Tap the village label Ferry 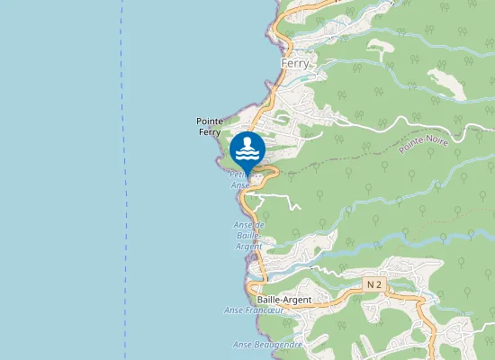pyautogui.click(x=294, y=64)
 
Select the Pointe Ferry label pyautogui.click(x=210, y=127)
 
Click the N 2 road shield pyautogui.click(x=374, y=283)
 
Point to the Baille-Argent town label pyautogui.click(x=283, y=300)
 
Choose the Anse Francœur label pyautogui.click(x=254, y=310)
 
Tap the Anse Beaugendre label pyautogui.click(x=268, y=344)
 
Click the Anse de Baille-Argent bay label pyautogui.click(x=247, y=235)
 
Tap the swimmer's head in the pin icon pyautogui.click(x=247, y=140)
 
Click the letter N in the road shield pyautogui.click(x=371, y=283)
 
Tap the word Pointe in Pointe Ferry pyautogui.click(x=210, y=121)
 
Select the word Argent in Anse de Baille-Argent pyautogui.click(x=249, y=246)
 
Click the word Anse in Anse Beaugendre pyautogui.click(x=243, y=344)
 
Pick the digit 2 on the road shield pyautogui.click(x=380, y=283)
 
